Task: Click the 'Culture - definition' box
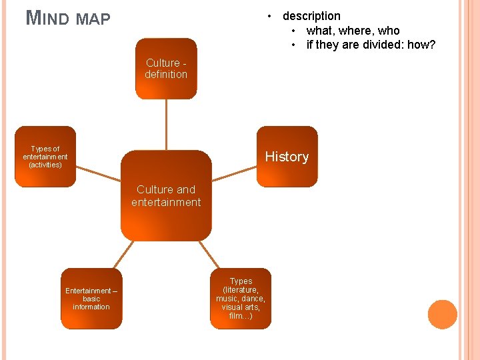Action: pyautogui.click(x=166, y=69)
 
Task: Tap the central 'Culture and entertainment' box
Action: pyautogui.click(x=166, y=196)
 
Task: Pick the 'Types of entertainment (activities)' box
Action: pyautogui.click(x=45, y=157)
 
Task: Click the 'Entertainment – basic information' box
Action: pyautogui.click(x=91, y=299)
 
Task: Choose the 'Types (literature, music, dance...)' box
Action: pyautogui.click(x=241, y=299)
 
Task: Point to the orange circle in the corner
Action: pyautogui.click(x=442, y=315)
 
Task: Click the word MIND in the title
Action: pyautogui.click(x=47, y=18)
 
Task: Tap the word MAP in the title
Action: pyautogui.click(x=93, y=19)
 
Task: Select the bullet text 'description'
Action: pyautogui.click(x=311, y=16)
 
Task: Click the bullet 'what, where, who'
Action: pyautogui.click(x=353, y=31)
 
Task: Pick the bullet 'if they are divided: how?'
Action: pyautogui.click(x=371, y=45)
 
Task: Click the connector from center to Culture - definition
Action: pyautogui.click(x=166, y=125)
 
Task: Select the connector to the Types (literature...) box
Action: pyautogui.click(x=210, y=254)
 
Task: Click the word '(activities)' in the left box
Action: pyautogui.click(x=45, y=165)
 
